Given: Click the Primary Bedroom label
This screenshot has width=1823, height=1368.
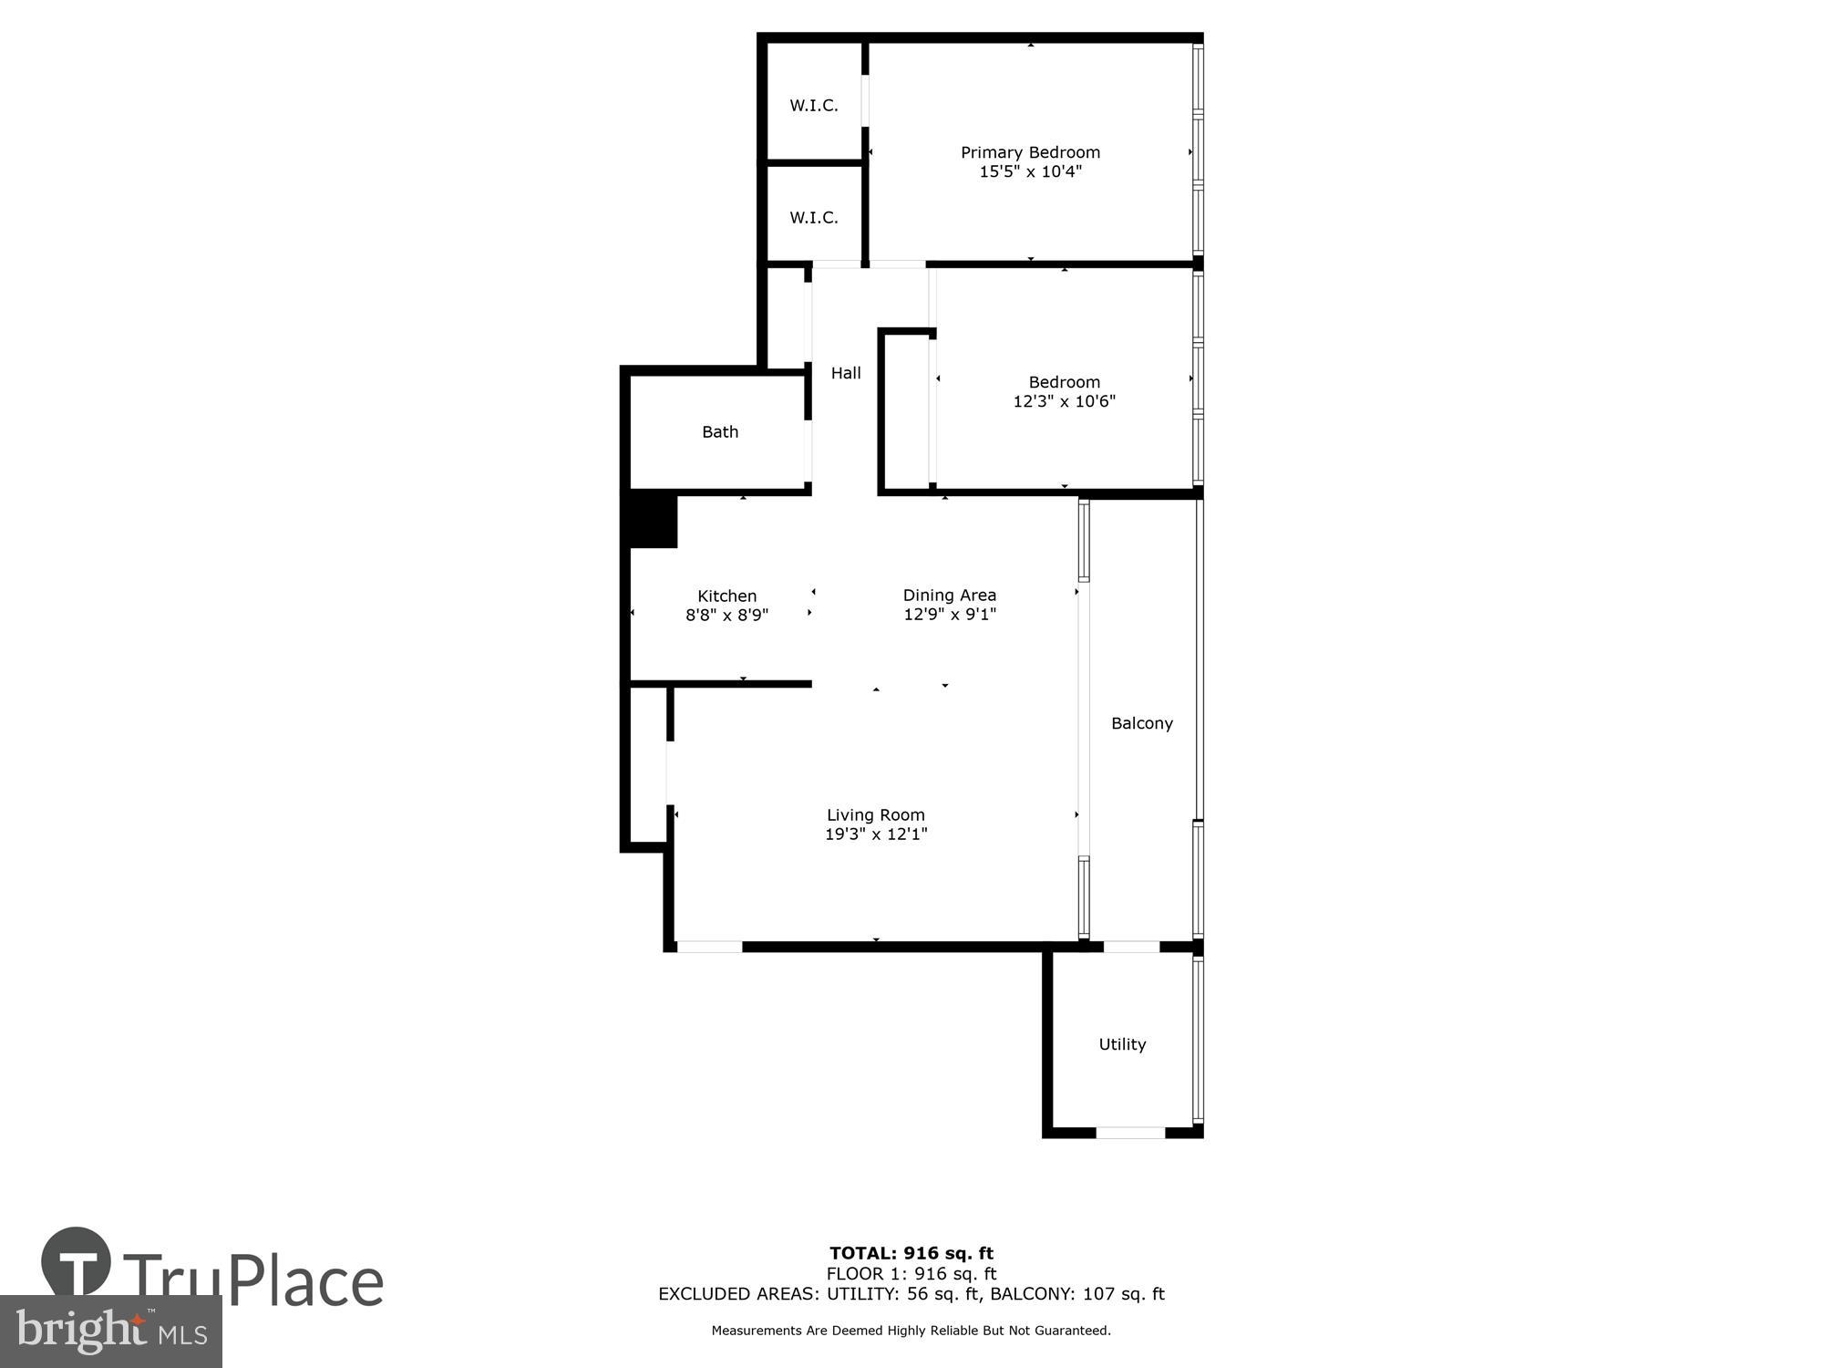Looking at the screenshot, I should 1030,152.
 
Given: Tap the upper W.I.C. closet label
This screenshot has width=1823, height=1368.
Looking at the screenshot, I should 813,106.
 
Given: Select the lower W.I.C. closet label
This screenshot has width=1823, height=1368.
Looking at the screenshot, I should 813,218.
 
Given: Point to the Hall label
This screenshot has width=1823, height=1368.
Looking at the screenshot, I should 845,373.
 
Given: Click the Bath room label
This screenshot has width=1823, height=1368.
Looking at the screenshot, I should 719,432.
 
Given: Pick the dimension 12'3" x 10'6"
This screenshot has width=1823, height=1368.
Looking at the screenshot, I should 1064,401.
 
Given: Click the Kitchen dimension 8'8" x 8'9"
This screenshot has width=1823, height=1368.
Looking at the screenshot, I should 726,616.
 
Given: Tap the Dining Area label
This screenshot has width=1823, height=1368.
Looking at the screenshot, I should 949,596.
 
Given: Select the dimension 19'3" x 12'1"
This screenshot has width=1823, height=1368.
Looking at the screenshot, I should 875,834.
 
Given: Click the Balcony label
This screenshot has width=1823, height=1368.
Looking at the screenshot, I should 1141,723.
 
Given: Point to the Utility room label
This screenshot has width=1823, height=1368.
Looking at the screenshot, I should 1121,1044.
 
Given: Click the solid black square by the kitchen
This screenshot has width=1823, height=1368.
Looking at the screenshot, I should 653,520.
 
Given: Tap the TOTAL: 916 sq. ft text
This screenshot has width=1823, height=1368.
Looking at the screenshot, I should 911,1253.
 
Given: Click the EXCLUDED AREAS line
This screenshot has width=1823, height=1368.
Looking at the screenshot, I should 911,1294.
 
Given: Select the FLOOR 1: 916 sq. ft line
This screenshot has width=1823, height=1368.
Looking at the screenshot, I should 911,1274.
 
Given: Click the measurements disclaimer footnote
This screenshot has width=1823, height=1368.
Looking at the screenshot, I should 911,1331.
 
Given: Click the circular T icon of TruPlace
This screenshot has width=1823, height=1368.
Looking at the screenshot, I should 77,1262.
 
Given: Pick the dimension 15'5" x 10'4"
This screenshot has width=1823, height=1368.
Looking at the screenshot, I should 1030,171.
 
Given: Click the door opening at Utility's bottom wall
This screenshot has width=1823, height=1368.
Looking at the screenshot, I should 1129,1133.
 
